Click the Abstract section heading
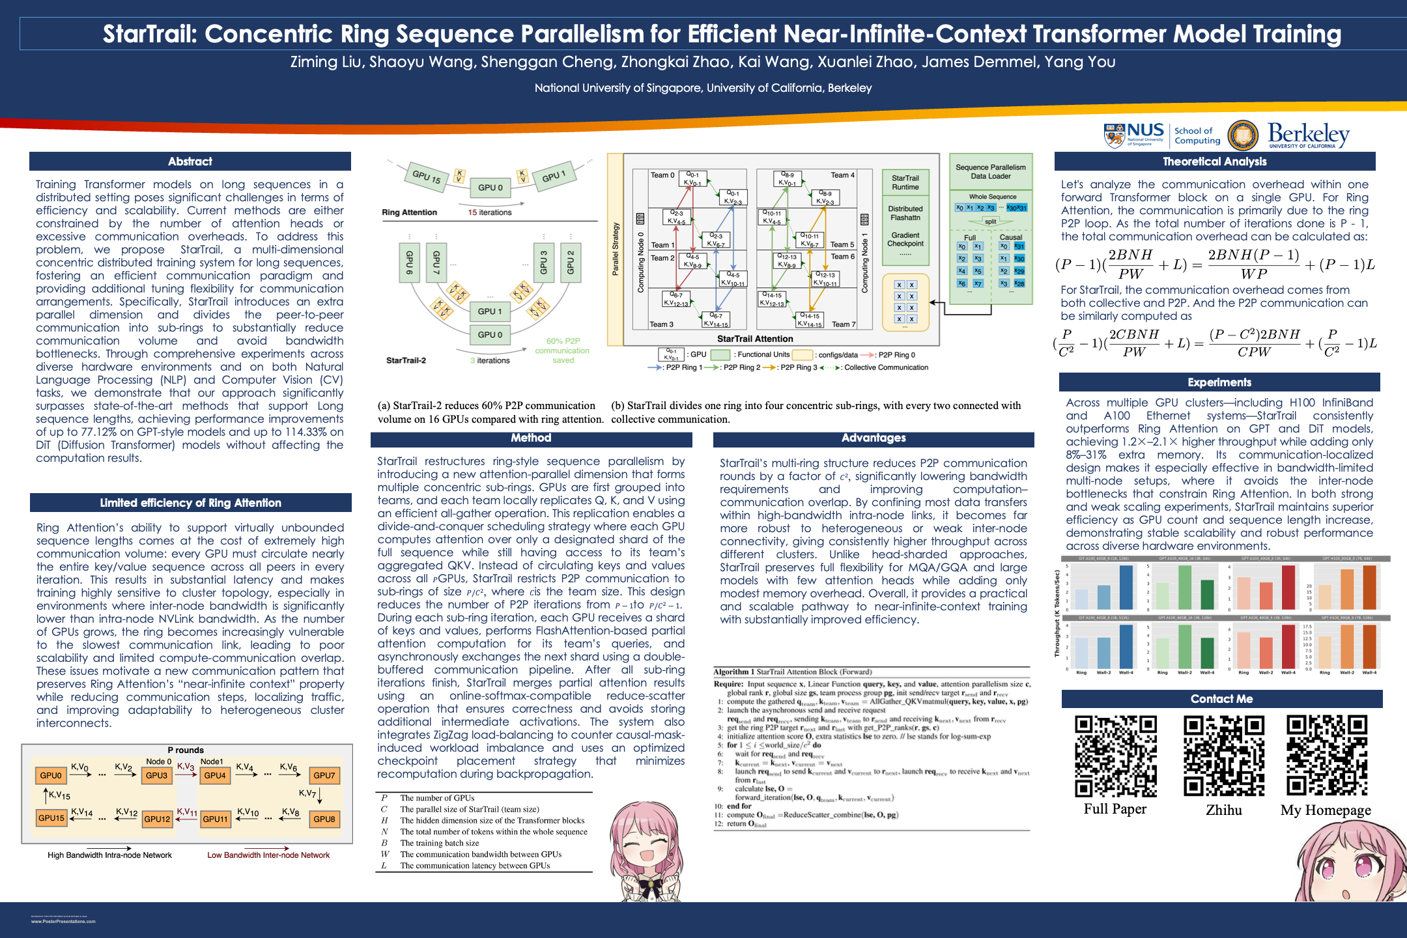[x=190, y=162]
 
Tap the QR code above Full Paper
[x=1115, y=756]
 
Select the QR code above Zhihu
[x=1224, y=756]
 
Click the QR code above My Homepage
[x=1326, y=756]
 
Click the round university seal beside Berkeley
[x=1243, y=135]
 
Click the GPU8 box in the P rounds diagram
[x=324, y=819]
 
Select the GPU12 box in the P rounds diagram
[x=157, y=819]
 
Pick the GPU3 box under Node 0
[x=156, y=775]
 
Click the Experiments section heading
[x=1219, y=382]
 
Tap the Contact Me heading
[x=1221, y=699]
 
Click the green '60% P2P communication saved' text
[x=562, y=350]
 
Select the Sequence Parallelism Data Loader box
[x=990, y=172]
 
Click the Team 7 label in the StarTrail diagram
[x=843, y=324]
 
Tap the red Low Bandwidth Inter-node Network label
[x=268, y=855]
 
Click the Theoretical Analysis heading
[x=1214, y=162]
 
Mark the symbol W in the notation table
[x=385, y=854]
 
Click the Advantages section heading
[x=873, y=438]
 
